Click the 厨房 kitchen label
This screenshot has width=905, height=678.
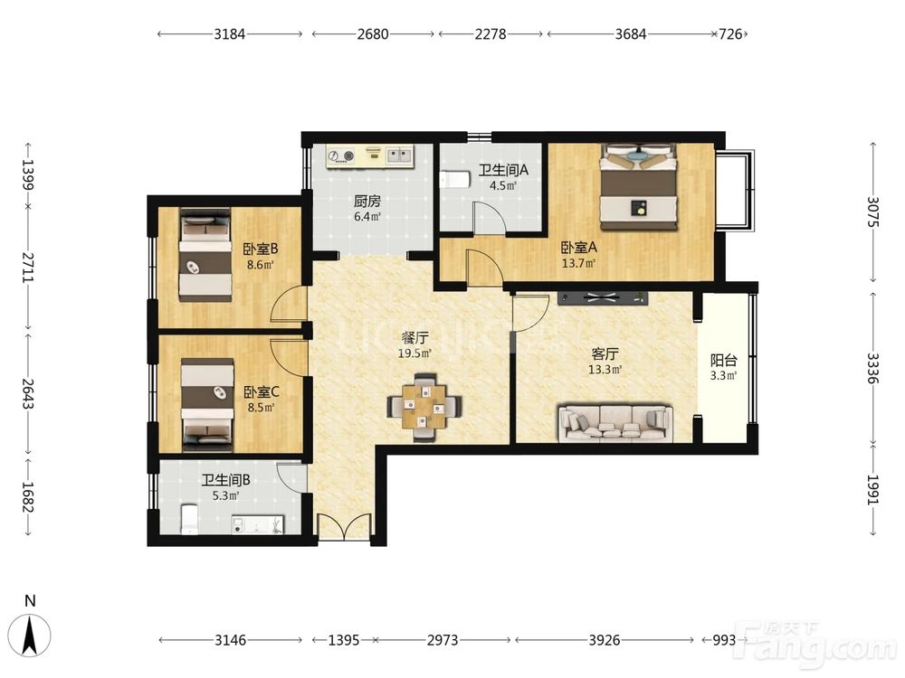367,202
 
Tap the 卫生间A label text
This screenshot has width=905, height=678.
503,170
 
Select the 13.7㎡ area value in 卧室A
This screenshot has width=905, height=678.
579,263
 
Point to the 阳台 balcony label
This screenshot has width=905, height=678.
724,361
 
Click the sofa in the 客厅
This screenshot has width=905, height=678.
614,424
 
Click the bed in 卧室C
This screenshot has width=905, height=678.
208,405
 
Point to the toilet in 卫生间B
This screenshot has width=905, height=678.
190,520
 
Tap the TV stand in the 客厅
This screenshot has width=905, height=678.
603,298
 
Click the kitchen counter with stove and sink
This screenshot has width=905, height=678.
370,156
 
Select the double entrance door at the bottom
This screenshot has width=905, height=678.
345,526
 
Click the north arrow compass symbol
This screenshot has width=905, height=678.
33,636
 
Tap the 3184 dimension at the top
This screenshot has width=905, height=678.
230,34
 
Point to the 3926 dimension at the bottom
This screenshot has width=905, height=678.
604,640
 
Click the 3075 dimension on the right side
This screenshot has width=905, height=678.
872,212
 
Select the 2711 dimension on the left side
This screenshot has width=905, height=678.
28,267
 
